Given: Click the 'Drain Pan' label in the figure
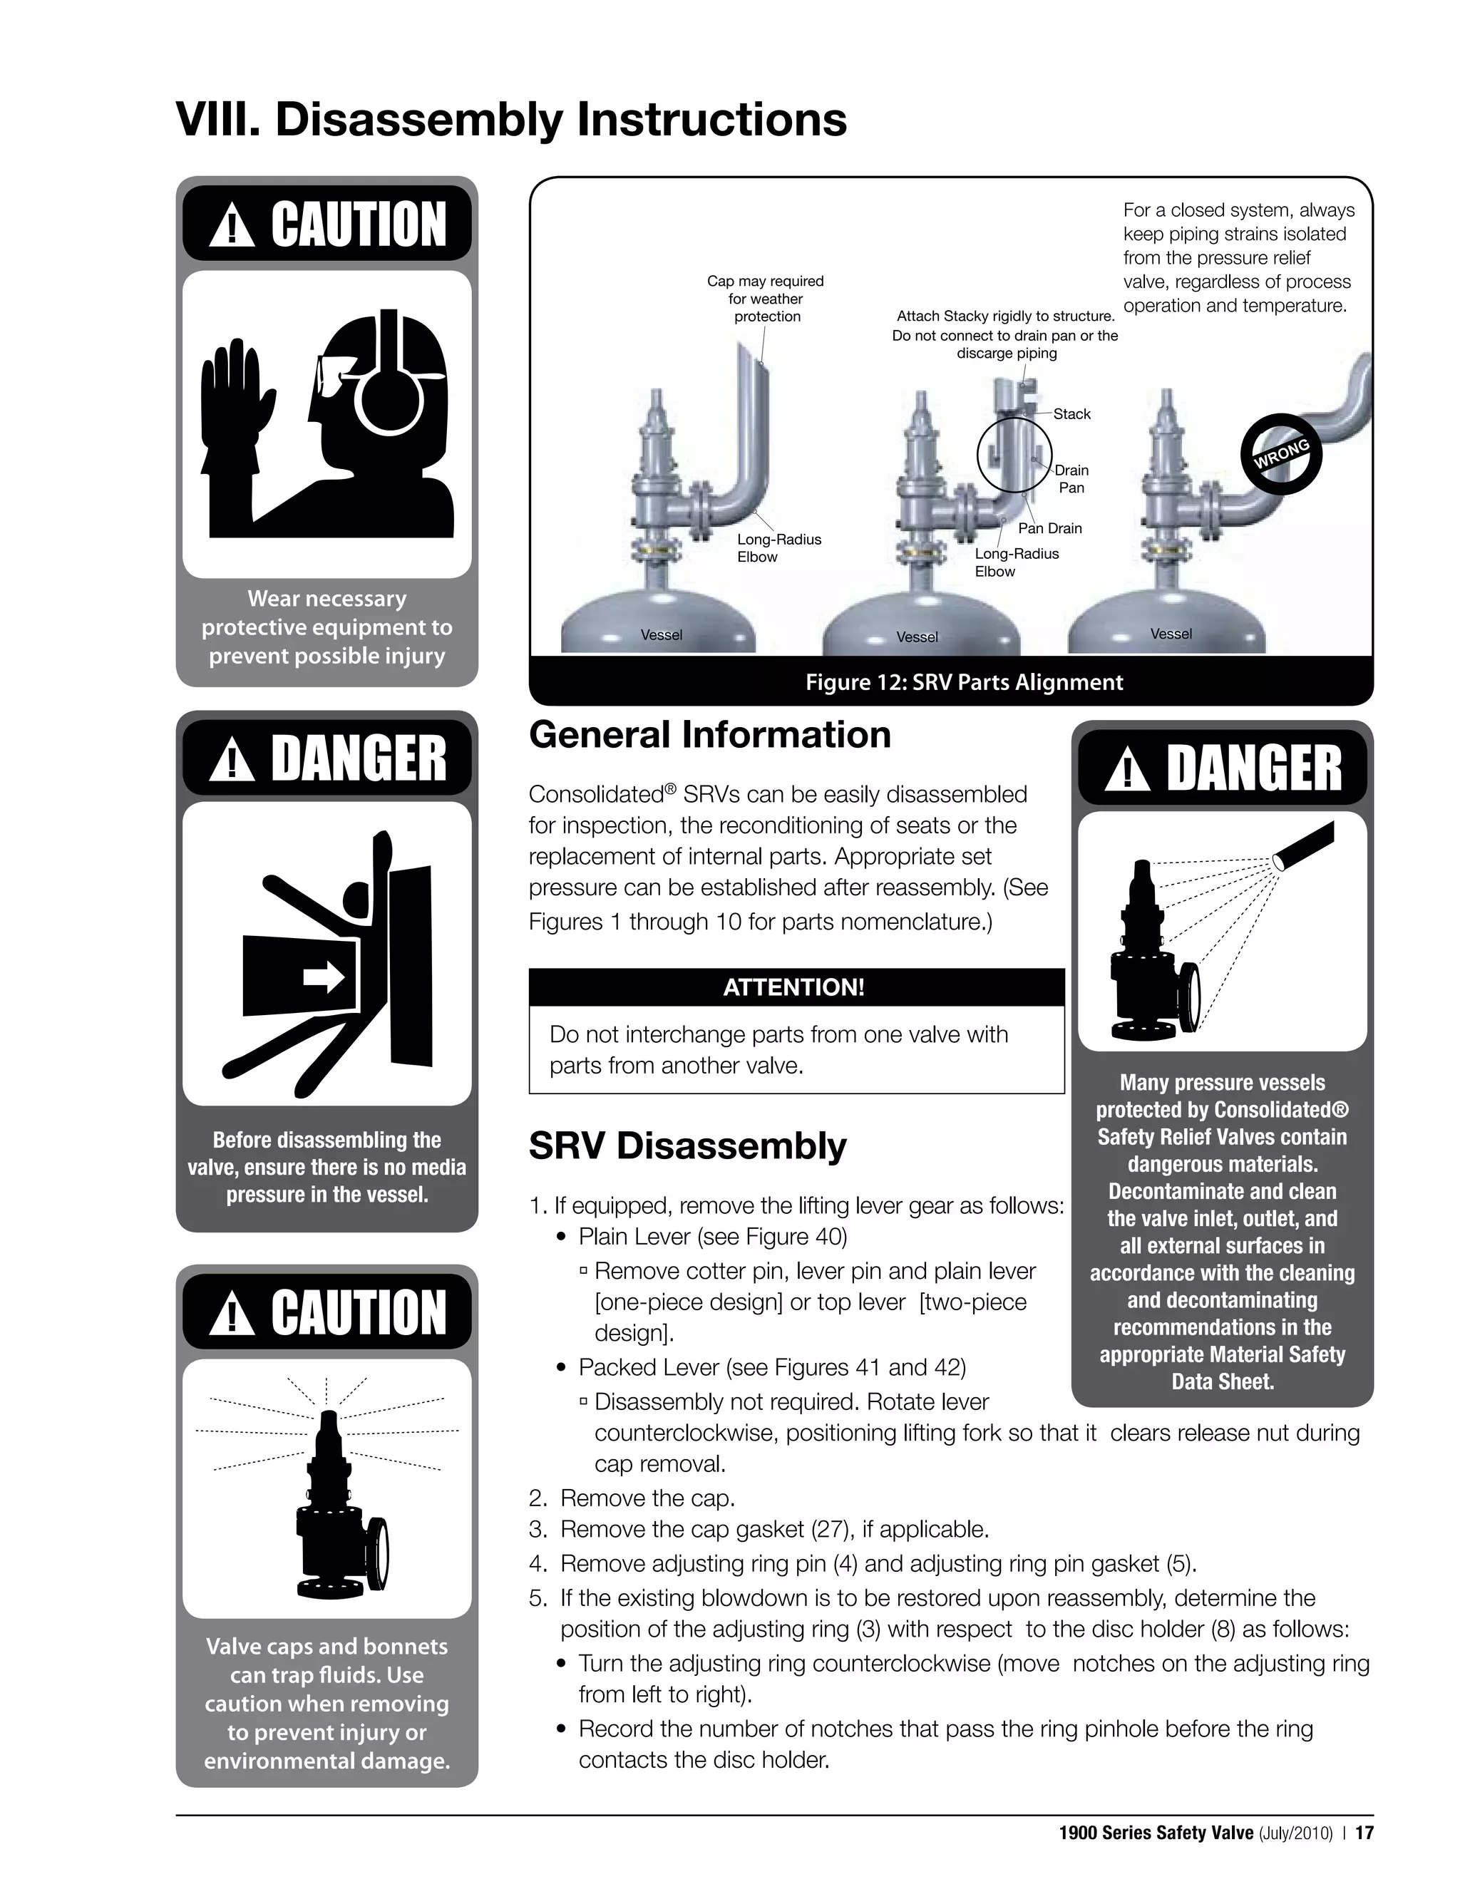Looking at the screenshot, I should pos(1071,478).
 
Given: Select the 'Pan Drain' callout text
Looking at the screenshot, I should pos(1049,528).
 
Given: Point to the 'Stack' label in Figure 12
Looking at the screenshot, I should pos(1071,414).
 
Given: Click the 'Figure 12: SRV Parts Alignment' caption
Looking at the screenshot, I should pos(964,682).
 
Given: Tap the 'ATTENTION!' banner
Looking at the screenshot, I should pos(794,987).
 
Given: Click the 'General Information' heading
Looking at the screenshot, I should pos(709,735).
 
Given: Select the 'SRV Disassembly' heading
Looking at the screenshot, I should pos(688,1146).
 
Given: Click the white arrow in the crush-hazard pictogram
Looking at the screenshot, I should pos(324,978).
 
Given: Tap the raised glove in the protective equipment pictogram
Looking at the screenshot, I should pos(232,406).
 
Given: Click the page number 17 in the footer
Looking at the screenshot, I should pos(1364,1833).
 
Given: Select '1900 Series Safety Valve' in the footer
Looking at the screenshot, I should pos(1156,1833).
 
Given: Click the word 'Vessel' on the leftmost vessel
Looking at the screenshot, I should pos(661,636).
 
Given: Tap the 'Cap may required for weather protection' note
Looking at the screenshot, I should pos(766,299).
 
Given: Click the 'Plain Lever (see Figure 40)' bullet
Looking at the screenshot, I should pos(712,1237).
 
